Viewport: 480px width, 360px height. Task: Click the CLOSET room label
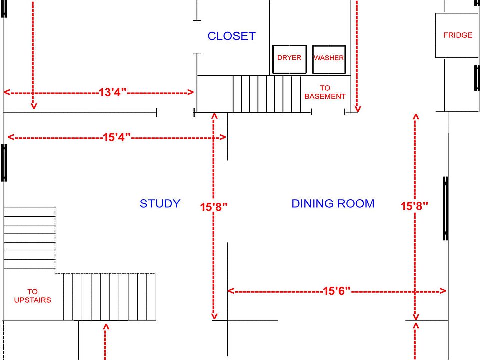231,36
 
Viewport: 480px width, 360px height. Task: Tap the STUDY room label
160,203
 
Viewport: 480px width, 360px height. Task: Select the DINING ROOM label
333,203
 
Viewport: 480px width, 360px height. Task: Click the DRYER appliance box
289,59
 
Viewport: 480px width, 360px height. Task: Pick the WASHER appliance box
329,60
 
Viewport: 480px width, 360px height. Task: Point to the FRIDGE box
458,35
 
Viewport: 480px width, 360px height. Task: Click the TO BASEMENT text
325,92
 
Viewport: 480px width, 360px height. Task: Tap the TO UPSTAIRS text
33,296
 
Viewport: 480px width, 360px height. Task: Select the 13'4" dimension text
112,92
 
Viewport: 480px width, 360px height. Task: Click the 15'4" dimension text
117,137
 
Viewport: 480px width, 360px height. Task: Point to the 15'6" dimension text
336,291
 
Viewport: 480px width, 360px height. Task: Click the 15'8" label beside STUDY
214,207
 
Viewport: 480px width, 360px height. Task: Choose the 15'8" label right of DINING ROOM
414,206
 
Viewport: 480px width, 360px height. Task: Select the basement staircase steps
267,94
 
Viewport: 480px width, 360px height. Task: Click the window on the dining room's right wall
446,208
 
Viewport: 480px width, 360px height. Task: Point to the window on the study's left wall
4,163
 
